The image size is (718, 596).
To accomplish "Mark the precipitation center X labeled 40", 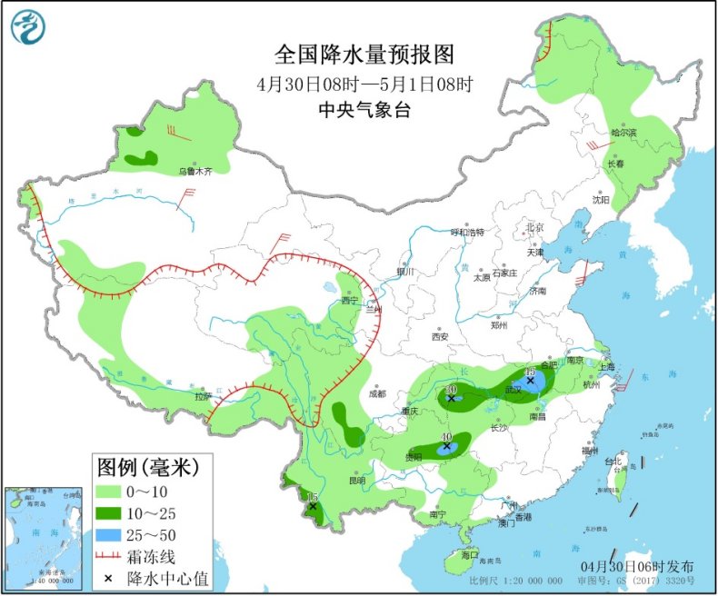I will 446,446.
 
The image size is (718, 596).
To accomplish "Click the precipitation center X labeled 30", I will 451,398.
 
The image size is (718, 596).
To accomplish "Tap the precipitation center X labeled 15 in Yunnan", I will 313,506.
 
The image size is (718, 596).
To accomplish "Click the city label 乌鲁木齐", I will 194,170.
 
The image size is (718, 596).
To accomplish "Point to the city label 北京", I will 534,227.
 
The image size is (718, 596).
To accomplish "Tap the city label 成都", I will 377,393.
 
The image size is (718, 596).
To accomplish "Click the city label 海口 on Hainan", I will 469,553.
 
